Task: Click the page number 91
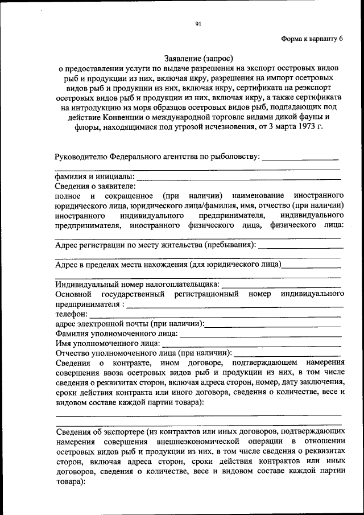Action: (198, 24)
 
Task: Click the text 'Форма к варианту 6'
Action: (312, 39)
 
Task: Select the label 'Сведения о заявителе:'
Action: (96, 187)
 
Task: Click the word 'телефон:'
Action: (72, 314)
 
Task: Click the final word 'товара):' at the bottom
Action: (70, 481)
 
